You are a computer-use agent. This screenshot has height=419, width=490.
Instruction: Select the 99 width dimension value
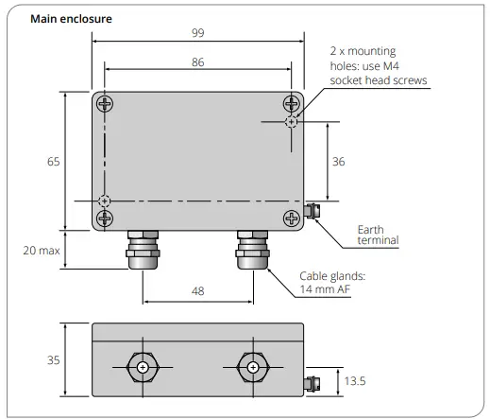197,33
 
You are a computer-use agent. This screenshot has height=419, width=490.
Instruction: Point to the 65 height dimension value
53,162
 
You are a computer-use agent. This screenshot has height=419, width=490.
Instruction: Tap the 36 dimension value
338,162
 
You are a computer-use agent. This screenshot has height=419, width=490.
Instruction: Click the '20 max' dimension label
42,250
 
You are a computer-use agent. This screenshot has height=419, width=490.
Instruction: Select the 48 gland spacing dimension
197,291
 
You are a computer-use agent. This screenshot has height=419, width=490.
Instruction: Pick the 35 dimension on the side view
53,360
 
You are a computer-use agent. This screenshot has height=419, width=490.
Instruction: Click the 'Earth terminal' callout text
378,236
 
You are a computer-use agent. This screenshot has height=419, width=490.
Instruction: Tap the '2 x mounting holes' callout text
377,65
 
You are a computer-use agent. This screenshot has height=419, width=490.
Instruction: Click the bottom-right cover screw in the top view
291,218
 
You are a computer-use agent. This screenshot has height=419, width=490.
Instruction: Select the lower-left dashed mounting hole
105,201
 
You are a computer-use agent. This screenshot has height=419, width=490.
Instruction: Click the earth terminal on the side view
312,382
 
